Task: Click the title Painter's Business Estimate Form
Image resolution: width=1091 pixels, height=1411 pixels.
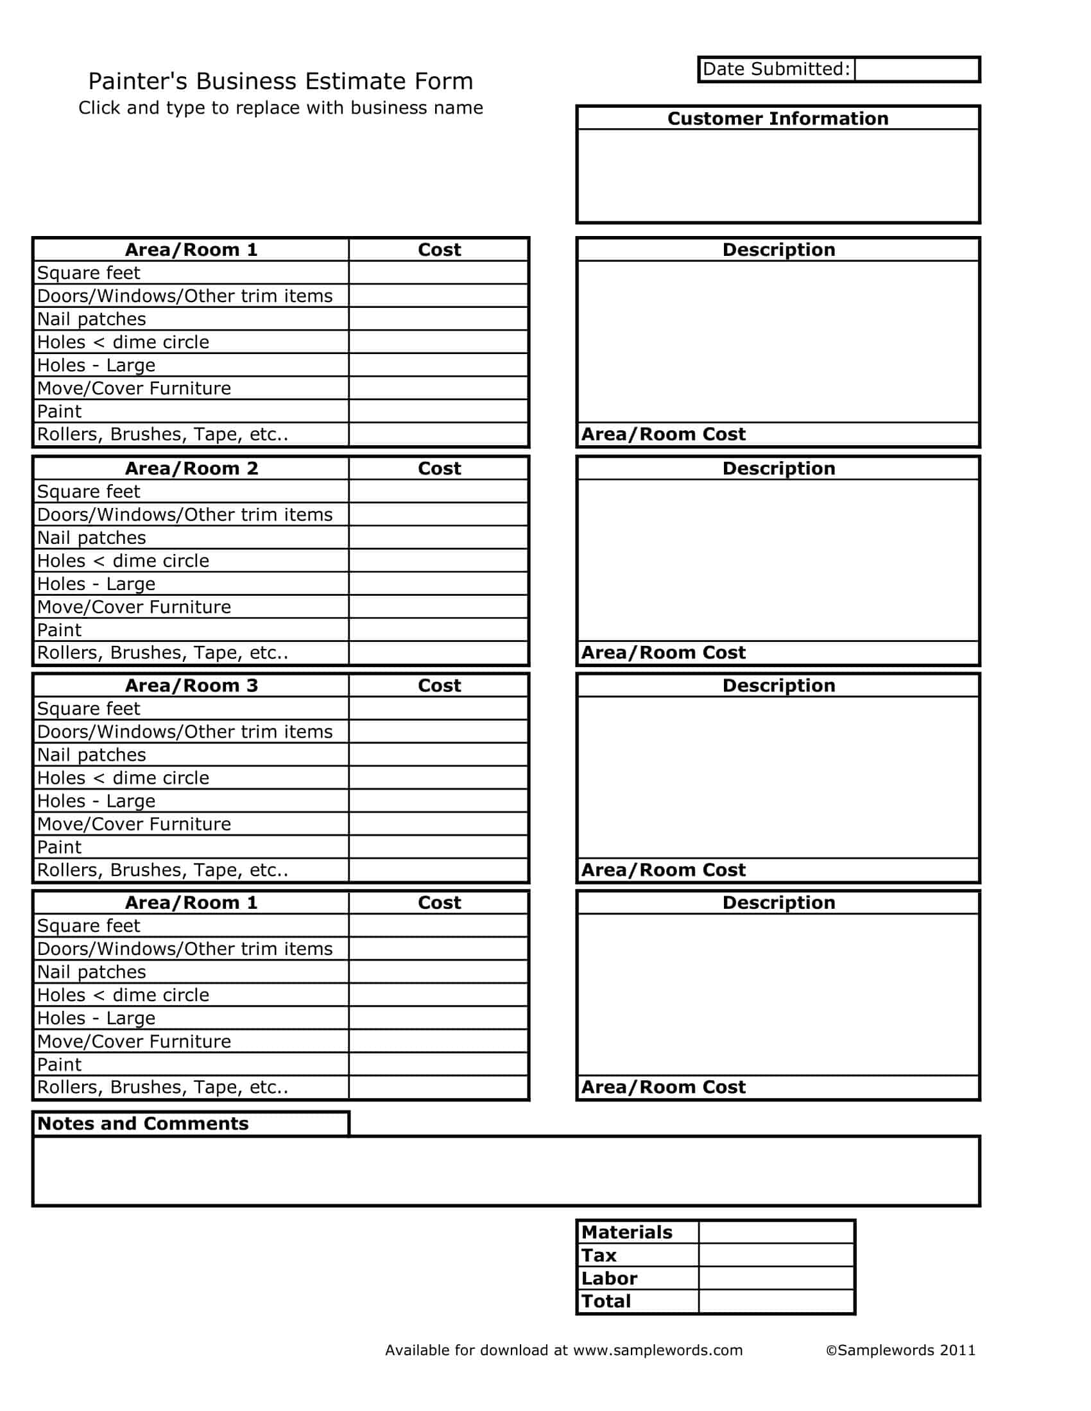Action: pos(280,81)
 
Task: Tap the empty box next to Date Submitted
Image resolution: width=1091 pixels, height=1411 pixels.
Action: pos(916,69)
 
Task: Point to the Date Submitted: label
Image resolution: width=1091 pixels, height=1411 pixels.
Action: pos(777,69)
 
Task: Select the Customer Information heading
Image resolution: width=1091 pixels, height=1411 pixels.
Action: pos(778,118)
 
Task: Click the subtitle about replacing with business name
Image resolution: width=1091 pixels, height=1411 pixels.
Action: pos(280,107)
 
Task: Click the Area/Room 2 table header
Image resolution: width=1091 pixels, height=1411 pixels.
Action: pos(191,468)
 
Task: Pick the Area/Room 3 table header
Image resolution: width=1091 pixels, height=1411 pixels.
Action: pos(191,686)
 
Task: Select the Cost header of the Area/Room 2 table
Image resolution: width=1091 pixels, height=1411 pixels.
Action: pos(439,468)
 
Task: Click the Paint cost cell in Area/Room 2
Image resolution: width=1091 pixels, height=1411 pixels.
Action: pos(438,630)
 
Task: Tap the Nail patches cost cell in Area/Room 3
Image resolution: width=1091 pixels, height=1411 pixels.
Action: pos(438,755)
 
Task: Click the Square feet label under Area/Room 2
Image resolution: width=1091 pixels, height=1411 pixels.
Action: pos(89,492)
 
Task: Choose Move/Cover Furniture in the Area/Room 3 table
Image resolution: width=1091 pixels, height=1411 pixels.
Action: pos(133,824)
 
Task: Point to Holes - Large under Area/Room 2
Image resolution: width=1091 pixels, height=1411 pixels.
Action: pos(96,584)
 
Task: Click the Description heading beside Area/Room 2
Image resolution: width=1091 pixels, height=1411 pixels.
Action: pos(778,468)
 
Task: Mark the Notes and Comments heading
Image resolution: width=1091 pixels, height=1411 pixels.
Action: pos(143,1124)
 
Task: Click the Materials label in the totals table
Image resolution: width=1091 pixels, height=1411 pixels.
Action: pos(626,1232)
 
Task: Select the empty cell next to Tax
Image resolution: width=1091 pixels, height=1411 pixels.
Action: pos(777,1255)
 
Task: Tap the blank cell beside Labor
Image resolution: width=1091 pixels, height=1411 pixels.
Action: pos(777,1278)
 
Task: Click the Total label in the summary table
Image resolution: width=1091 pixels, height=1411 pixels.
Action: pos(606,1301)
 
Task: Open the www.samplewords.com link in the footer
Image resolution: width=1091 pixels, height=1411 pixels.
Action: pos(657,1350)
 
